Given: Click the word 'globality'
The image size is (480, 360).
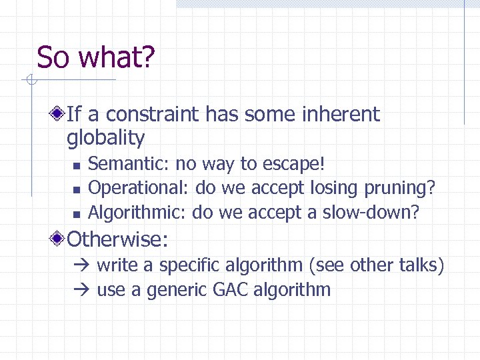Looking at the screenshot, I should point(105,139).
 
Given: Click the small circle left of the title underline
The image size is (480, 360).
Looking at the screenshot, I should point(31,81).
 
